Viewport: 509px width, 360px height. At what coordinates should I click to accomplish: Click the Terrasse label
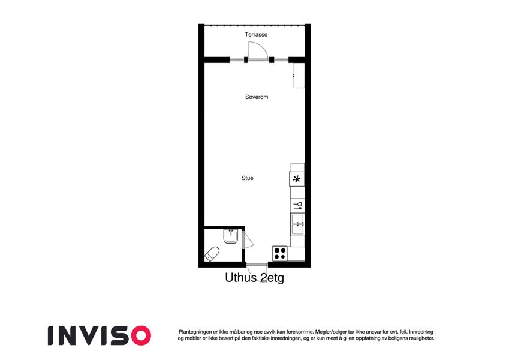pyautogui.click(x=256, y=34)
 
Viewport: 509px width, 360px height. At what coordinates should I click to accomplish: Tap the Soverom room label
pyautogui.click(x=257, y=97)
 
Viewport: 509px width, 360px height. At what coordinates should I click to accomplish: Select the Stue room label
pyautogui.click(x=247, y=178)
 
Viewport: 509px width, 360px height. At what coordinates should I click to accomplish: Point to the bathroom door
pyautogui.click(x=248, y=240)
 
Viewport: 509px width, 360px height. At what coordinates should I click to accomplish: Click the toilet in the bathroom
pyautogui.click(x=212, y=254)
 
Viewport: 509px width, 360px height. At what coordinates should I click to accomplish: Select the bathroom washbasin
pyautogui.click(x=231, y=236)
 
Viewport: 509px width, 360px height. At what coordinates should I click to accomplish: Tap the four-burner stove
pyautogui.click(x=280, y=253)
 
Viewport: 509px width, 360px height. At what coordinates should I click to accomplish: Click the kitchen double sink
pyautogui.click(x=297, y=224)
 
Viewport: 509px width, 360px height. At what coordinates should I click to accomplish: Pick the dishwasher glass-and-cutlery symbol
pyautogui.click(x=297, y=205)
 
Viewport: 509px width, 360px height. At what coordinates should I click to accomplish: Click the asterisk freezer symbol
pyautogui.click(x=297, y=179)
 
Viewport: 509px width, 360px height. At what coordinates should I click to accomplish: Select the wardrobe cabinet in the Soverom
pyautogui.click(x=299, y=75)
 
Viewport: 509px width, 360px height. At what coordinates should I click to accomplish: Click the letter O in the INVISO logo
pyautogui.click(x=141, y=335)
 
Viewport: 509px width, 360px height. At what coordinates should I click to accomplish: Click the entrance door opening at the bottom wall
pyautogui.click(x=257, y=265)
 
